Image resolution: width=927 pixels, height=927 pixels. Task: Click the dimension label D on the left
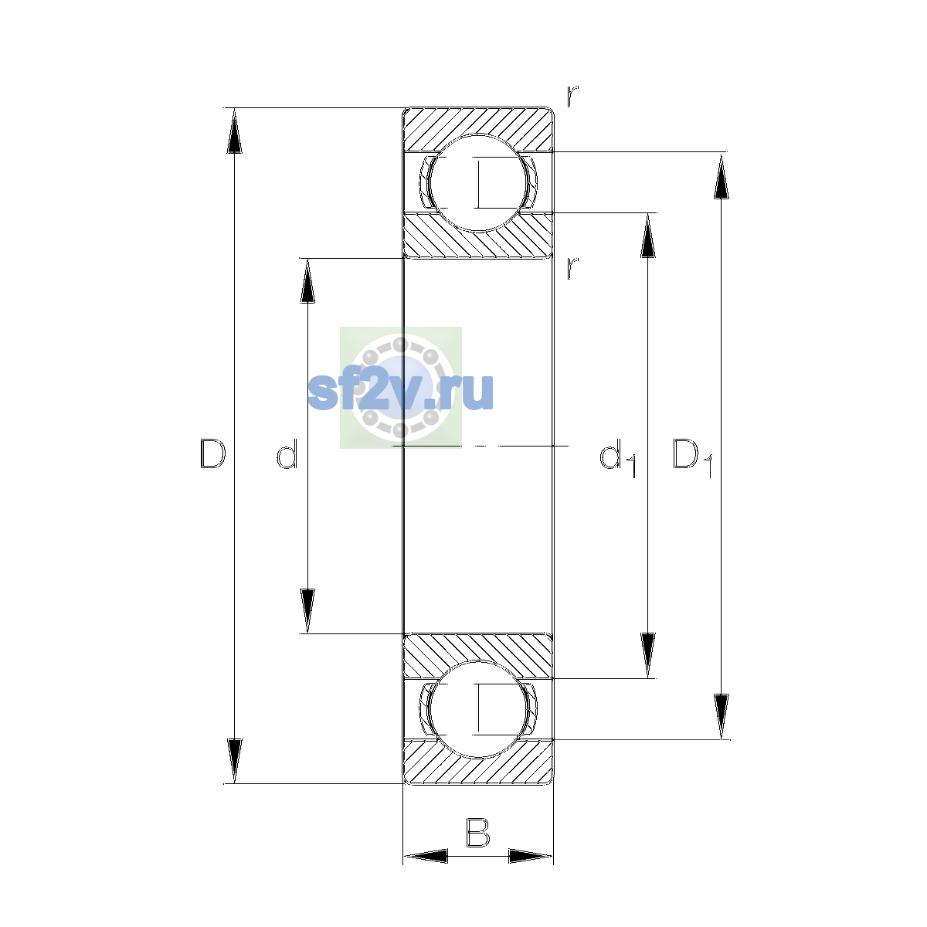tap(212, 453)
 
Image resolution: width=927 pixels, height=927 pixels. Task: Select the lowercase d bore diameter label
tap(287, 453)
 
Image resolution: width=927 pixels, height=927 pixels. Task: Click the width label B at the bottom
tap(477, 833)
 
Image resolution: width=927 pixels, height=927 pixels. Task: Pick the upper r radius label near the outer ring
tap(572, 96)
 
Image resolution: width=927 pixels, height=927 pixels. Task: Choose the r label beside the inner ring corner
tap(572, 268)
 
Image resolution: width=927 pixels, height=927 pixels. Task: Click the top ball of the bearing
tap(478, 183)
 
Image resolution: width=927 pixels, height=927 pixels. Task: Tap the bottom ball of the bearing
tap(478, 709)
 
